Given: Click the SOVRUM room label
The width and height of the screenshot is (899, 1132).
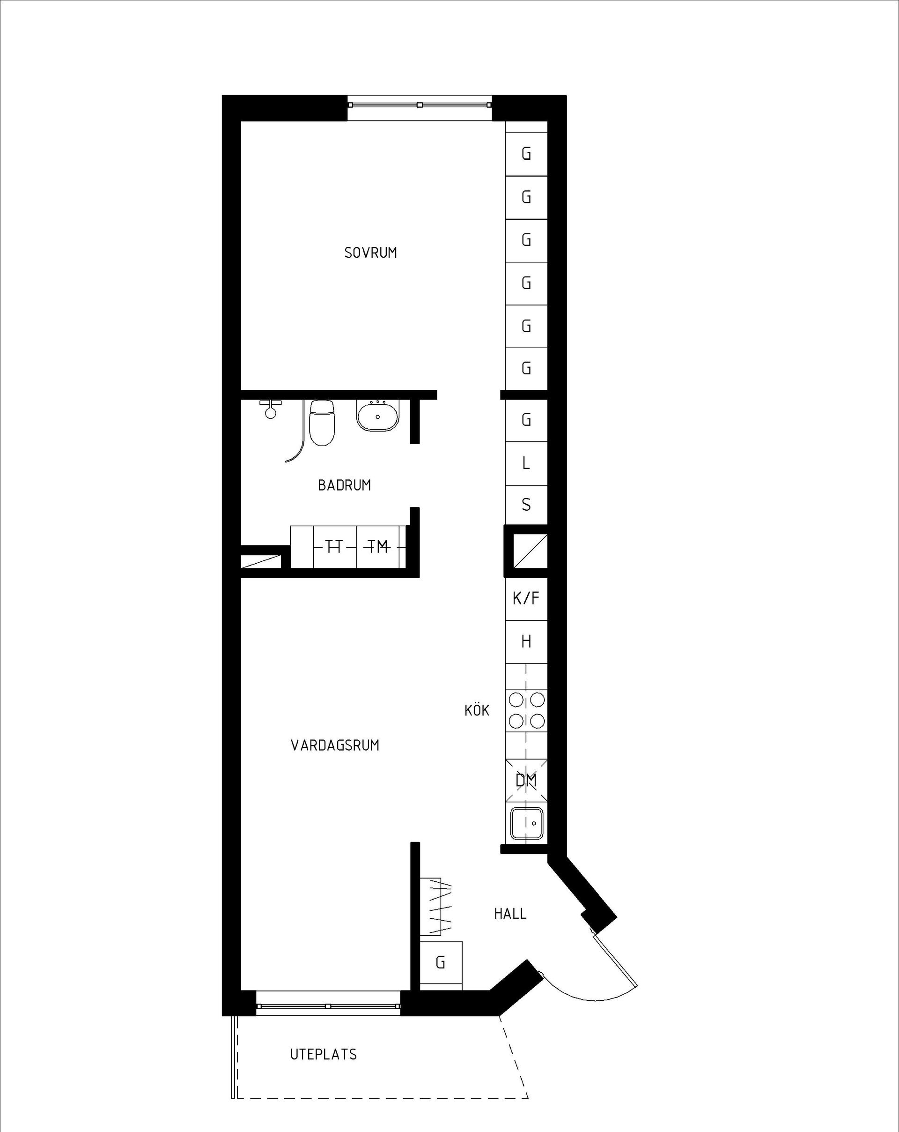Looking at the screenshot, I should (370, 253).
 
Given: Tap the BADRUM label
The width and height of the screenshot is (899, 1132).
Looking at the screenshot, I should (344, 485).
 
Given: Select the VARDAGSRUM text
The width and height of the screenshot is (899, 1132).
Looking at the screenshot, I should (335, 745).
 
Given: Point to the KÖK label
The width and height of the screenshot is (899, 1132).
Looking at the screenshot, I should (477, 710).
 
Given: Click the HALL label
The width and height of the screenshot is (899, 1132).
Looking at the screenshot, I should (510, 928).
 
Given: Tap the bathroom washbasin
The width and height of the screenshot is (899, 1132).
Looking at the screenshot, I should (378, 416).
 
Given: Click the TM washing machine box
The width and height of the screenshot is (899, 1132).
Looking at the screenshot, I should (378, 547).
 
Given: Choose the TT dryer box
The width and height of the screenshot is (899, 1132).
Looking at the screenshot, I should (334, 547).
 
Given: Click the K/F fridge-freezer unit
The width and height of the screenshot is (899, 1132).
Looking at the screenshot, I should (526, 598).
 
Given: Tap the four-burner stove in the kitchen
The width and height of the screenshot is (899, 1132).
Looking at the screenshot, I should (526, 710).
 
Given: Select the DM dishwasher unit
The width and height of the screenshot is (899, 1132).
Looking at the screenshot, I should (526, 781).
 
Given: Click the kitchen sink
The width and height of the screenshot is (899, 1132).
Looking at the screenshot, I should (526, 823).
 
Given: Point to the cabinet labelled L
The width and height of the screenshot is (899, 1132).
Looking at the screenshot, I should (526, 463).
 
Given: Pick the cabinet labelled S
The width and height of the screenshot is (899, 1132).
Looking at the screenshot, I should (526, 505).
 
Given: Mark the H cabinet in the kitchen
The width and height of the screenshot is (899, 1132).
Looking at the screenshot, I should (526, 641).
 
